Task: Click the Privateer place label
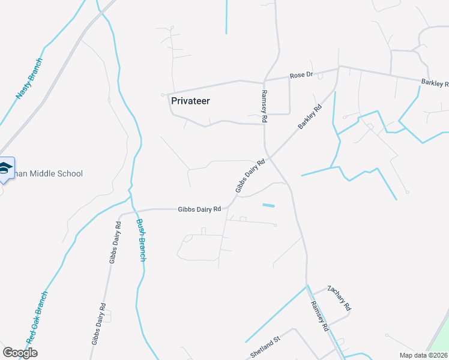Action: coord(190,101)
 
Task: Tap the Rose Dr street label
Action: coord(301,76)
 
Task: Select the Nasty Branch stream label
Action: coord(29,79)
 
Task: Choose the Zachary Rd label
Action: coord(339,298)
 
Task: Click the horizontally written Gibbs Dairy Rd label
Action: coord(199,209)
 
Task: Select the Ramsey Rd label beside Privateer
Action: coord(263,107)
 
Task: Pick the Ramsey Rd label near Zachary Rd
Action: coord(319,316)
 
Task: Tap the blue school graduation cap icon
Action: coord(5,168)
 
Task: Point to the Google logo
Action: coord(20,353)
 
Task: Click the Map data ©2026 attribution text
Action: coord(423,355)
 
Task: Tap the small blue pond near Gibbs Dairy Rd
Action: coord(268,206)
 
